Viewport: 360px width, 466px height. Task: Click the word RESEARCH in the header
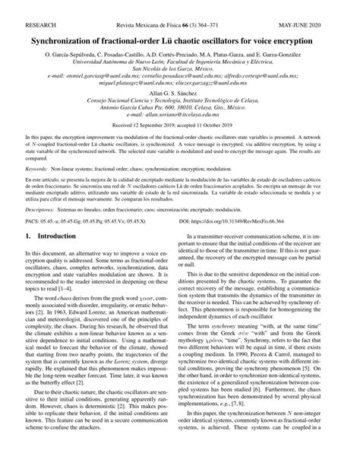pos(22,7)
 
